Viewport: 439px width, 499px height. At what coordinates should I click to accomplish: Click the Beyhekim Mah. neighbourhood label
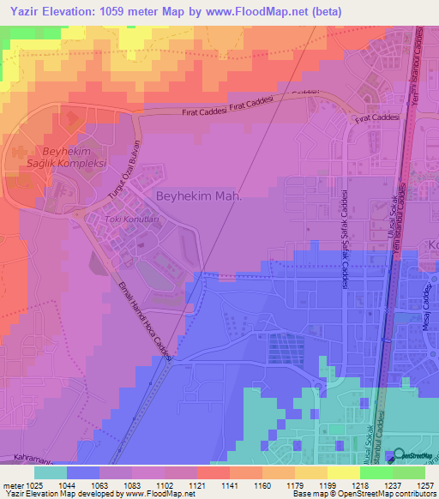coord(199,196)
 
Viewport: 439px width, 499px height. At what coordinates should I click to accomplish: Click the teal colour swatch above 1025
coord(51,472)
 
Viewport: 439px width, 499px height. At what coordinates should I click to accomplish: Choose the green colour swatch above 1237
coord(376,472)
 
